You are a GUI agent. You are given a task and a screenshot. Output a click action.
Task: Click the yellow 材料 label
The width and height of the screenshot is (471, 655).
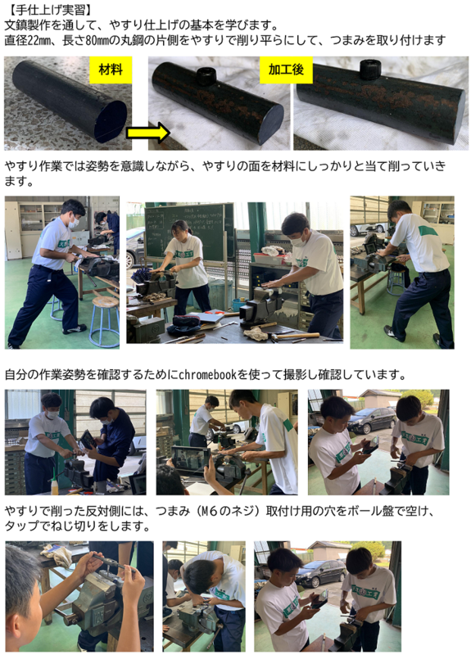[x=111, y=70]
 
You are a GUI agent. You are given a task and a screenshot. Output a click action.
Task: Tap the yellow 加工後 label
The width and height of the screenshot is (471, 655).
[x=286, y=70]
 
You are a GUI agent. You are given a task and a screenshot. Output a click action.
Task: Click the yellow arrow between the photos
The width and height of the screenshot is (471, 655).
[x=148, y=133]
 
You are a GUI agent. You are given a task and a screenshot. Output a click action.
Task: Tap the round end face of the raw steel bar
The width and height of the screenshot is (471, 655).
[x=111, y=121]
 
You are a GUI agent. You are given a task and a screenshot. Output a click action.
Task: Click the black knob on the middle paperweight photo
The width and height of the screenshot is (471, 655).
[x=206, y=76]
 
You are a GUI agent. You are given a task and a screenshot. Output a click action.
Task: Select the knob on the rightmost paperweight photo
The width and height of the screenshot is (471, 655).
[x=370, y=69]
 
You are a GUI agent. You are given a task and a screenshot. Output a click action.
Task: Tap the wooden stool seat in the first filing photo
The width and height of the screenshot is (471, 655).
[x=106, y=301]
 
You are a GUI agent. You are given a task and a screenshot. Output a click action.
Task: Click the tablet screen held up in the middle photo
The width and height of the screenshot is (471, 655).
[x=190, y=458]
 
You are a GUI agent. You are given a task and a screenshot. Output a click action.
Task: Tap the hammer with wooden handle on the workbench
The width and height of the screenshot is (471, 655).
[x=295, y=336]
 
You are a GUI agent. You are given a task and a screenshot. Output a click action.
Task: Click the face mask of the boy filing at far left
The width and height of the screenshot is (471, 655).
[x=74, y=223]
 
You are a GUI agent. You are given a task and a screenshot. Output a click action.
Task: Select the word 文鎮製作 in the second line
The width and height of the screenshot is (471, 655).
[x=27, y=25]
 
